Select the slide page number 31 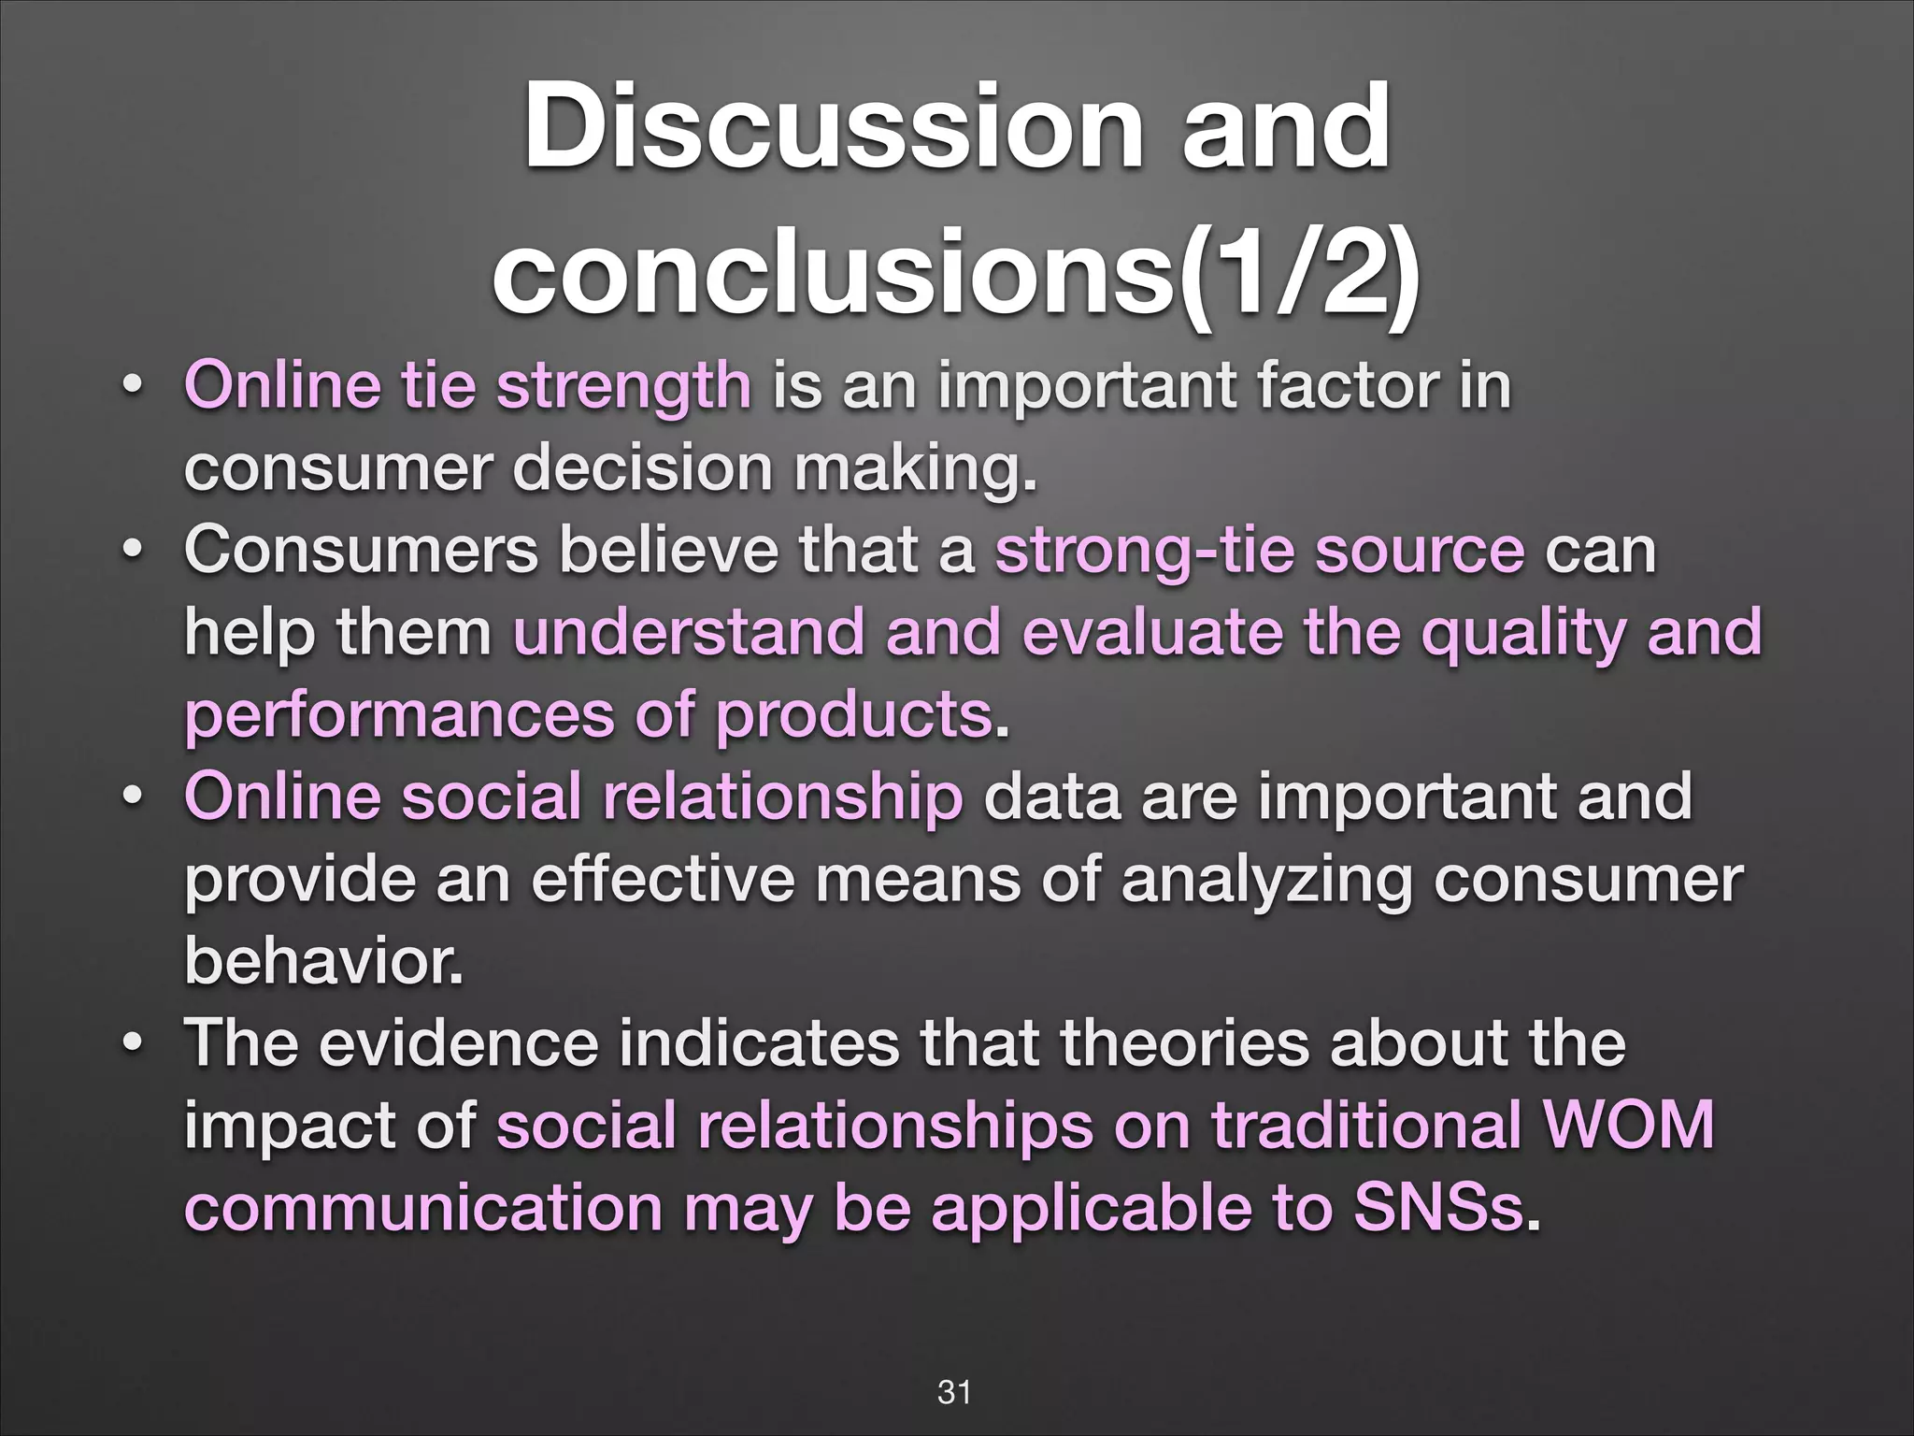point(954,1392)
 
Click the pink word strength point(623,386)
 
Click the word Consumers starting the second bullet point(362,550)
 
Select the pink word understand point(689,633)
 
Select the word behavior point(324,962)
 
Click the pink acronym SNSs point(1439,1207)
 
